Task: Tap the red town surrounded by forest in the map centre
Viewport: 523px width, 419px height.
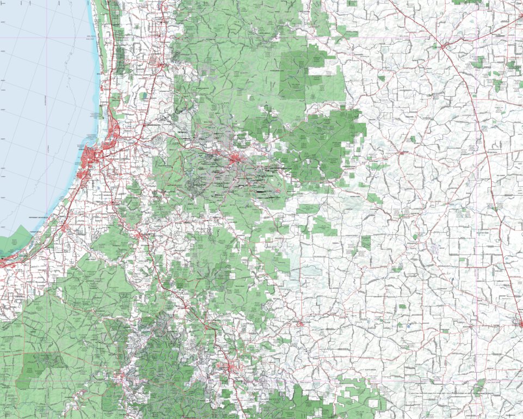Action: point(236,159)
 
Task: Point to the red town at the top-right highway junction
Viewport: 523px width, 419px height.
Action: point(444,46)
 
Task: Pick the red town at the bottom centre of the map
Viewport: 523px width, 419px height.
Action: point(227,368)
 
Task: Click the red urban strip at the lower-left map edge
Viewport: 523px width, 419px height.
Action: point(8,260)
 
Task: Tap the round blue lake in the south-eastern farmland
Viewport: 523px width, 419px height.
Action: point(408,326)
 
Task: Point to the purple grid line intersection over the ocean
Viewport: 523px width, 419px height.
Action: point(48,38)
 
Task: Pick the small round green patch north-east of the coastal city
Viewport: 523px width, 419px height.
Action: point(143,96)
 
